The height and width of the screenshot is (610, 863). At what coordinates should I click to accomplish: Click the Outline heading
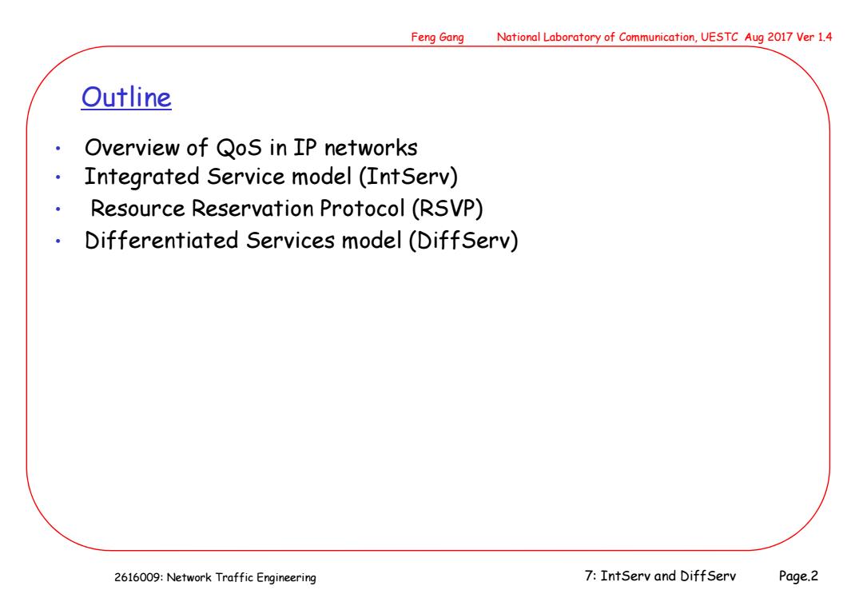click(126, 98)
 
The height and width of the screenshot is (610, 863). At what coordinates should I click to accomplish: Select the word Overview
click(132, 148)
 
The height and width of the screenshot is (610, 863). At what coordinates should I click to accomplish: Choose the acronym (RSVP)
click(447, 209)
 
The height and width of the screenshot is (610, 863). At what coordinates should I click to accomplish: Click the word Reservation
click(253, 209)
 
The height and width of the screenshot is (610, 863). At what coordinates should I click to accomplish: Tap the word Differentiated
click(161, 241)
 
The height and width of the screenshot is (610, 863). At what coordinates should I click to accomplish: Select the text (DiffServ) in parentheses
click(463, 241)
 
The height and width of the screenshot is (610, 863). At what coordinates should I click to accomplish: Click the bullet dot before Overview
click(58, 148)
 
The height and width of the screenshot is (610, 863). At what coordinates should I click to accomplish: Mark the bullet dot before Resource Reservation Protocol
click(58, 209)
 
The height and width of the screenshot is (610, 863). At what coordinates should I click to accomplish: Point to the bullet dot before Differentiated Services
click(58, 241)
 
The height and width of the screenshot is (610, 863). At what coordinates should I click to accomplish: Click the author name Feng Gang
click(438, 38)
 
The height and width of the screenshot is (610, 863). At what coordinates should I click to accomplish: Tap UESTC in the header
click(719, 37)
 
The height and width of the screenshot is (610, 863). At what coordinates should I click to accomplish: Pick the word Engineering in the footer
click(286, 578)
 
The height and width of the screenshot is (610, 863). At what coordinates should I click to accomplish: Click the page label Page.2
click(798, 576)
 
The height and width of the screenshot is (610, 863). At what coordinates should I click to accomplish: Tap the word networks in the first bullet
click(371, 148)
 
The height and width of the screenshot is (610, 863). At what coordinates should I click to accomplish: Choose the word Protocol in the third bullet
click(362, 209)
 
